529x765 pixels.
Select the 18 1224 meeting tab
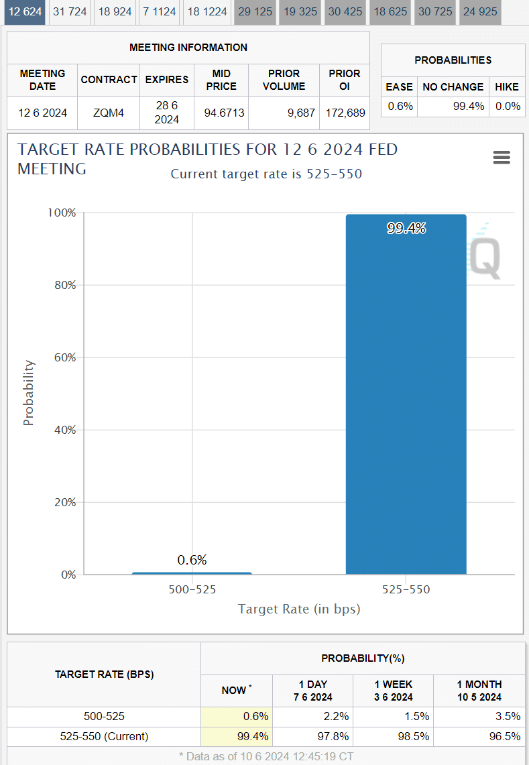pyautogui.click(x=207, y=12)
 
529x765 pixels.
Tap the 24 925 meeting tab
pyautogui.click(x=480, y=12)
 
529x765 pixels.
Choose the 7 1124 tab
pyautogui.click(x=160, y=12)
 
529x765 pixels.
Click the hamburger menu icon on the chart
pyautogui.click(x=502, y=158)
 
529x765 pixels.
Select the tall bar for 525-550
pyautogui.click(x=406, y=402)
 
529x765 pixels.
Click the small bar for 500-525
pyautogui.click(x=192, y=573)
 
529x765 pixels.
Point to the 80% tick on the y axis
pyautogui.click(x=63, y=285)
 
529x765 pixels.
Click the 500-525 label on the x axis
pyautogui.click(x=192, y=590)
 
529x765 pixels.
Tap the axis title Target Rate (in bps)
pyautogui.click(x=299, y=609)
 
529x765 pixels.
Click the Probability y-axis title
pyautogui.click(x=28, y=393)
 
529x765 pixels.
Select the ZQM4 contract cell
pyautogui.click(x=109, y=113)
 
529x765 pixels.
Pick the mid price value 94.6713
pyautogui.click(x=221, y=113)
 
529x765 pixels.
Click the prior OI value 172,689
pyautogui.click(x=344, y=113)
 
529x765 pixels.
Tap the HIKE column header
pyautogui.click(x=507, y=87)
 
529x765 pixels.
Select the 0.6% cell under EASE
pyautogui.click(x=400, y=106)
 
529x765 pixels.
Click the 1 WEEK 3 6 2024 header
pyautogui.click(x=394, y=691)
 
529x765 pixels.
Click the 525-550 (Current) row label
pyautogui.click(x=104, y=736)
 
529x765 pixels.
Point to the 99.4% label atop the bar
pyautogui.click(x=406, y=229)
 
